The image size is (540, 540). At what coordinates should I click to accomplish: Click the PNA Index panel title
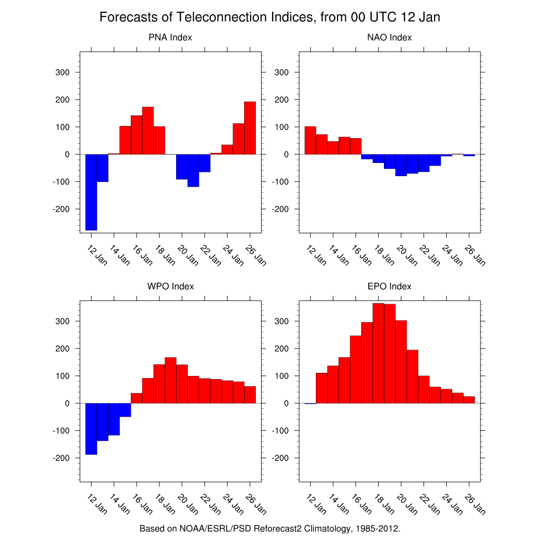170,37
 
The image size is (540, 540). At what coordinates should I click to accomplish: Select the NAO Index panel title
389,37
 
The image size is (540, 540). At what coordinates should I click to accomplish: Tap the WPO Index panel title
170,286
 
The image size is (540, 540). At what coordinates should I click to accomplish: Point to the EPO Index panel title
389,286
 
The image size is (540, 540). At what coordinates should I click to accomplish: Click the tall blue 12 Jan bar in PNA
91,192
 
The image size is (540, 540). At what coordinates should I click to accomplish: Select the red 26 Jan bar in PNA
250,128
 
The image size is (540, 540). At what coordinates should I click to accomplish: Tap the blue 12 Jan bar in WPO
91,428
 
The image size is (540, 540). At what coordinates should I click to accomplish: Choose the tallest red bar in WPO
170,380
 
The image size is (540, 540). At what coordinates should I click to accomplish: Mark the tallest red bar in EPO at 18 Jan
378,353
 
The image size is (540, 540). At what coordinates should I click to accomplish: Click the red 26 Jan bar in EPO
469,400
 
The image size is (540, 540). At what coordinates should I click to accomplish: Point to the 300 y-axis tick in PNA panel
62,72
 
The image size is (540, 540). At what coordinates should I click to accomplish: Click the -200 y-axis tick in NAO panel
279,209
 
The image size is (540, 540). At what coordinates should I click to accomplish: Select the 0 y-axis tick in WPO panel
67,403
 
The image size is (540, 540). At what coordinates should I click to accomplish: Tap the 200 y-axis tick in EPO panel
281,349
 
